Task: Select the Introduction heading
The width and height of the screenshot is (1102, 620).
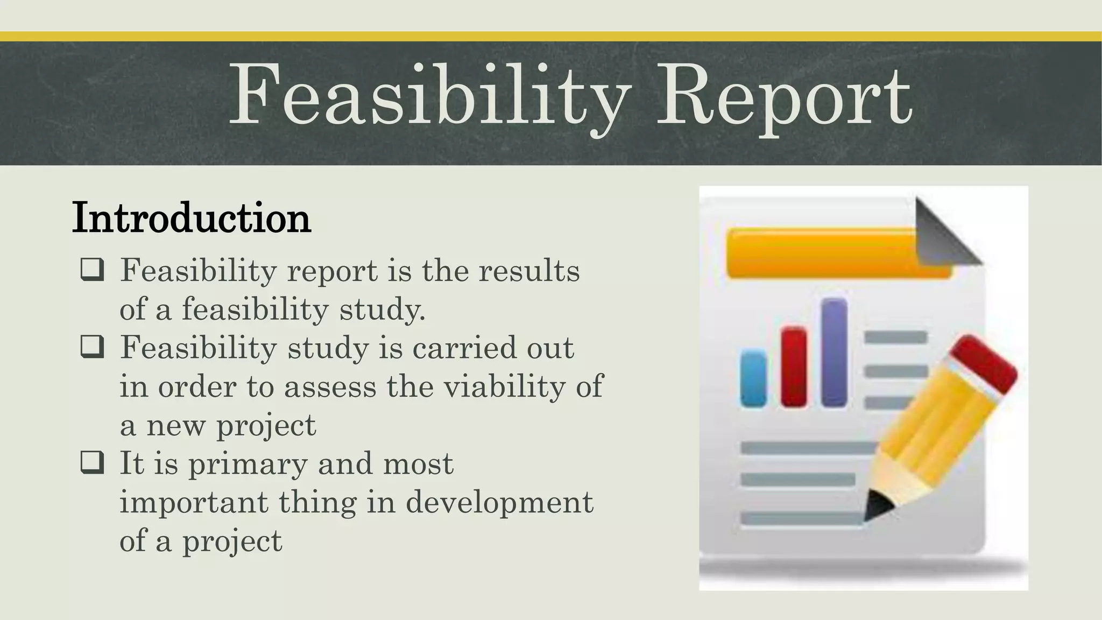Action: click(x=191, y=218)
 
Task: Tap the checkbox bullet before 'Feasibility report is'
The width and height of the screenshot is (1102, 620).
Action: click(x=92, y=270)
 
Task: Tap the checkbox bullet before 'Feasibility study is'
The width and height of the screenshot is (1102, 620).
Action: click(x=92, y=347)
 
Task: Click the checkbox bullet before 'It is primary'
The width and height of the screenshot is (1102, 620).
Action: click(x=92, y=463)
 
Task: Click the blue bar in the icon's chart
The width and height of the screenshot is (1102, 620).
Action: click(x=753, y=378)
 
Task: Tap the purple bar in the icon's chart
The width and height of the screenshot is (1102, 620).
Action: click(x=834, y=353)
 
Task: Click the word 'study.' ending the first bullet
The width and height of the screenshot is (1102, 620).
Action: click(x=382, y=309)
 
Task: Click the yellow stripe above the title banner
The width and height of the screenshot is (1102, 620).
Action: click(x=551, y=37)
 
